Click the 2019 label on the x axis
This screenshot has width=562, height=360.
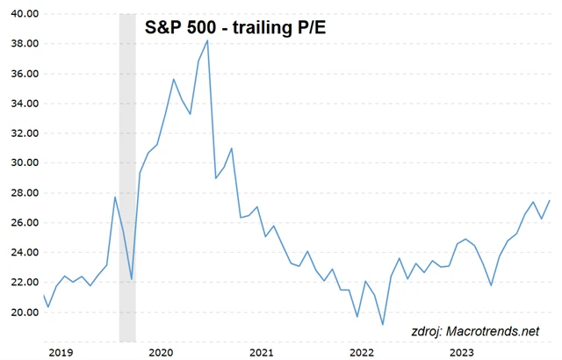[x=60, y=351]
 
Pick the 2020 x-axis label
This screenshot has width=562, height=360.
[x=161, y=351]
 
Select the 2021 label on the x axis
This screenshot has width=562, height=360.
[x=261, y=351]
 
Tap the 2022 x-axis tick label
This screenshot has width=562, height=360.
[x=362, y=351]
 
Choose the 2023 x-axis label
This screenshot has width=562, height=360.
[x=462, y=351]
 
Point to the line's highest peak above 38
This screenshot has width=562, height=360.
[x=207, y=40]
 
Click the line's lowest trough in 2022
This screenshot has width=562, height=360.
[x=383, y=325]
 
